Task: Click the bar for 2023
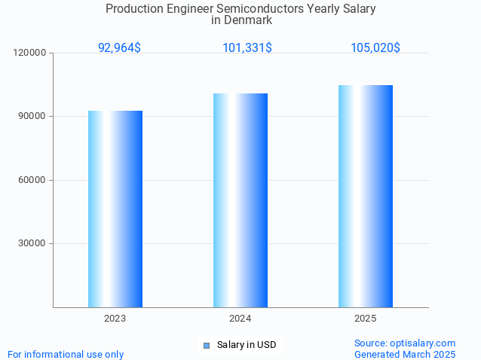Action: (x=115, y=209)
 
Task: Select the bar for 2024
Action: (x=240, y=200)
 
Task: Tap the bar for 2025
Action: (x=366, y=196)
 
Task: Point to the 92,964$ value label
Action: (x=119, y=48)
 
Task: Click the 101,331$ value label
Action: (x=247, y=48)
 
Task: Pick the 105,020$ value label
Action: (x=375, y=48)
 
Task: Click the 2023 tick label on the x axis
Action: (x=115, y=319)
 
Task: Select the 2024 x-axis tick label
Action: (x=240, y=319)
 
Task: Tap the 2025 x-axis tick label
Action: (x=366, y=319)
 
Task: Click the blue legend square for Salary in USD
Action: (x=207, y=346)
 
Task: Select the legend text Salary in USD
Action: (x=247, y=345)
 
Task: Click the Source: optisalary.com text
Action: (x=405, y=343)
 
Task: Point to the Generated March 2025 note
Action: (x=405, y=354)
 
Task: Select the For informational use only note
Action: (x=66, y=354)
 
